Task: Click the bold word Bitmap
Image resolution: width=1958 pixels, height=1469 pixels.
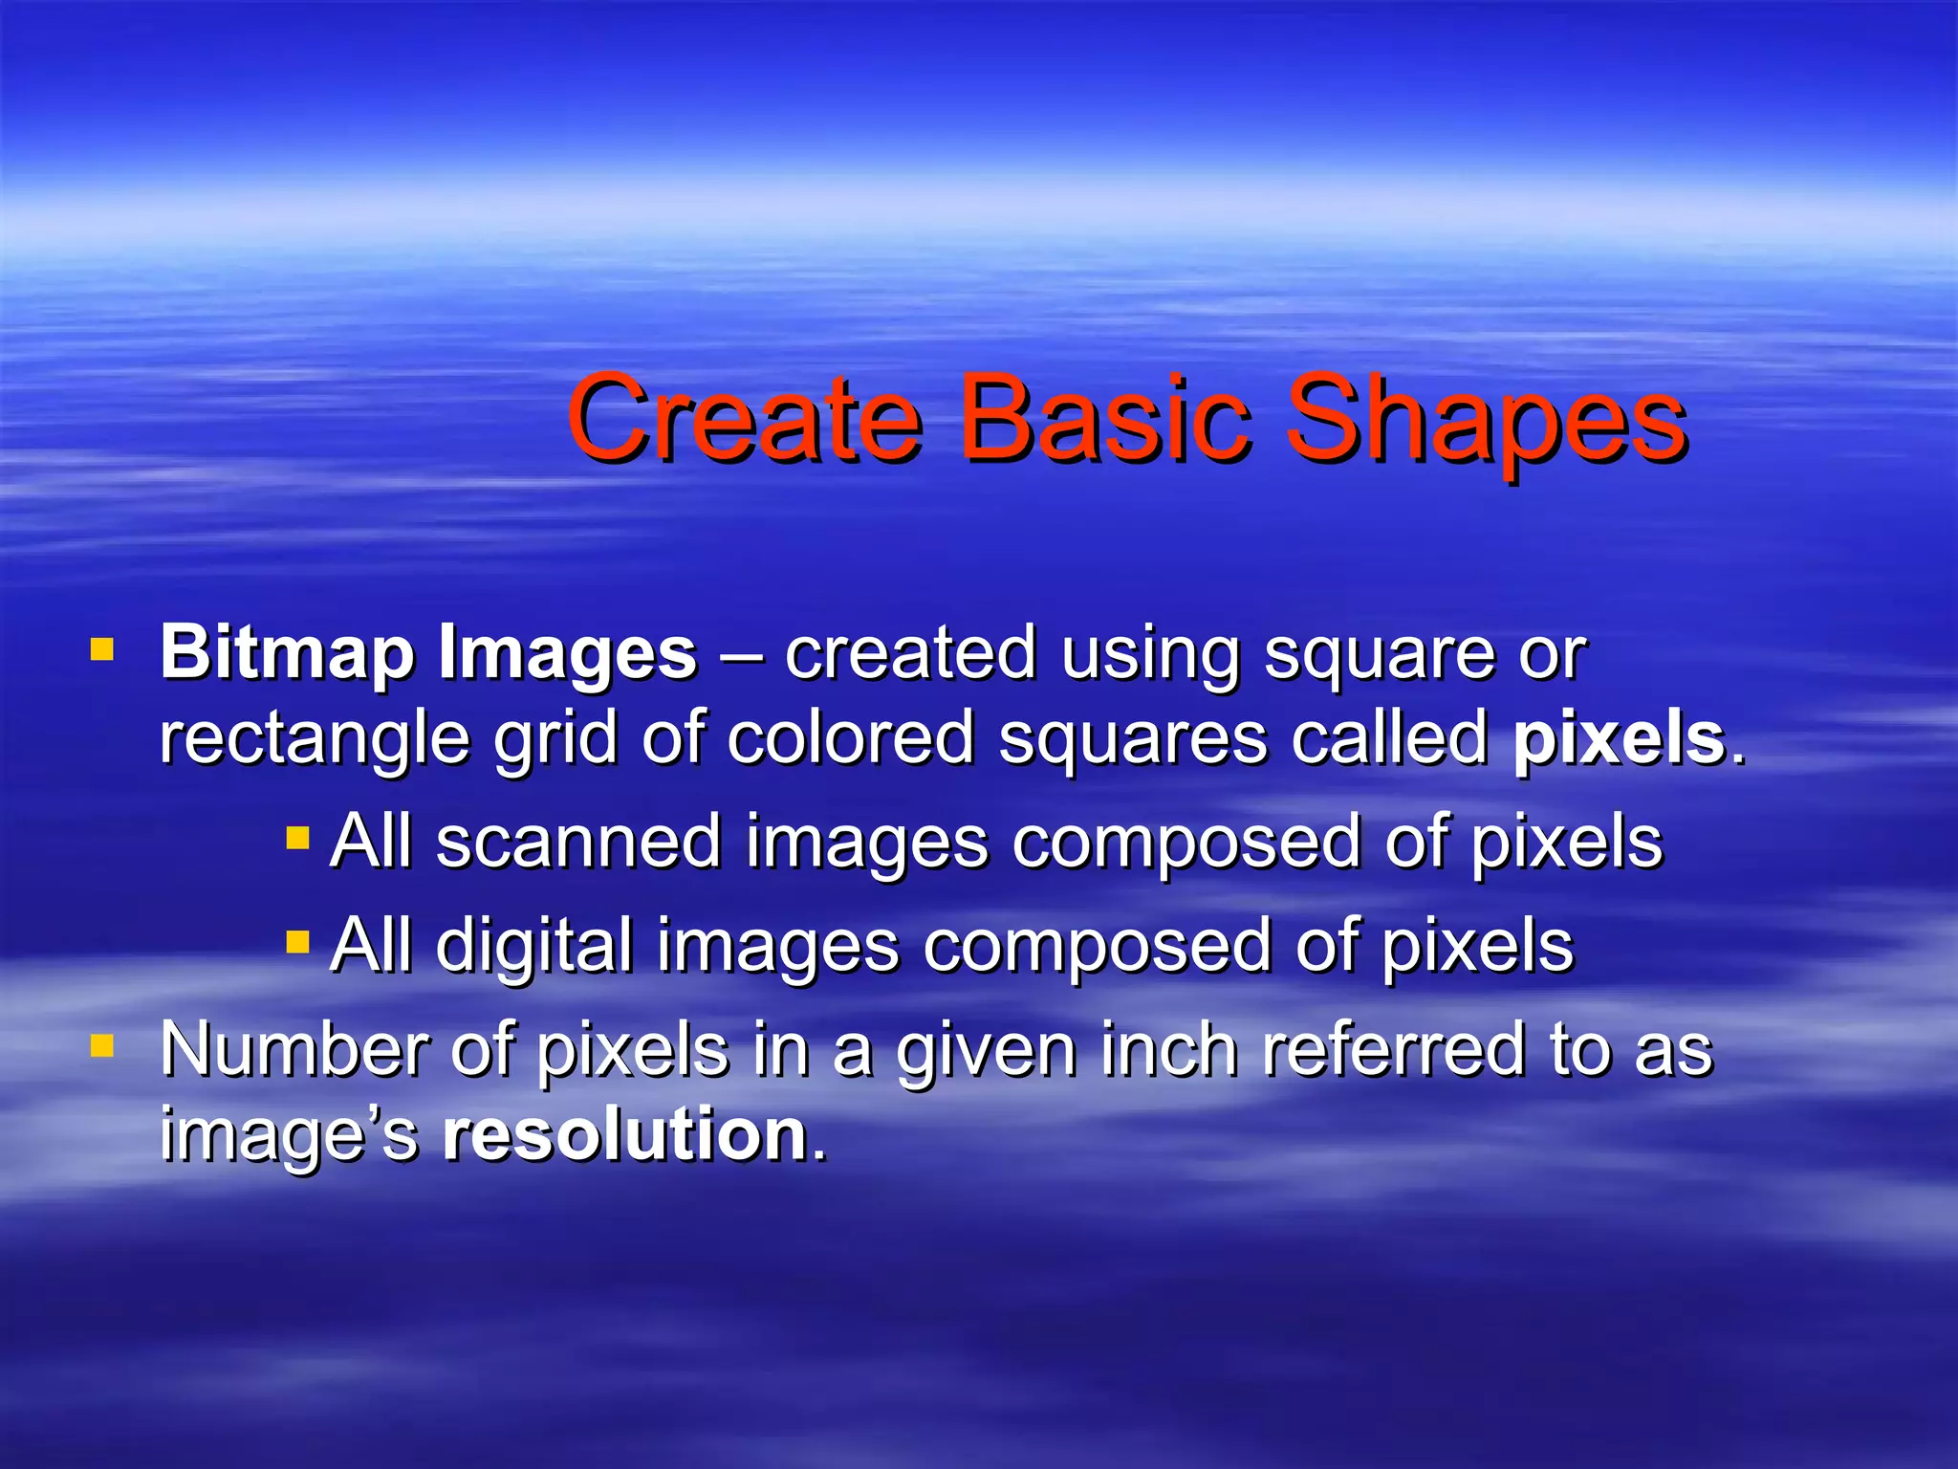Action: coord(287,655)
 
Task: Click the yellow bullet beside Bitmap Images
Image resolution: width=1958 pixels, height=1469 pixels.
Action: coord(101,651)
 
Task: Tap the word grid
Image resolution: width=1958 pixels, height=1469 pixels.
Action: coord(555,739)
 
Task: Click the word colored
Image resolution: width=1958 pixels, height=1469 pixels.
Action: coord(850,737)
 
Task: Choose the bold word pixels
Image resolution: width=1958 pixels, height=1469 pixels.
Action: coord(1620,739)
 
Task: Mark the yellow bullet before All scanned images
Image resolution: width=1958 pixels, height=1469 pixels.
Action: coord(298,840)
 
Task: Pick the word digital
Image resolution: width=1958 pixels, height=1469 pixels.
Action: coord(534,946)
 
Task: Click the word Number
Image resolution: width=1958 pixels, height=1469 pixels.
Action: coord(293,1050)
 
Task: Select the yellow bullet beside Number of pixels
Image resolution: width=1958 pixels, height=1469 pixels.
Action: coord(101,1046)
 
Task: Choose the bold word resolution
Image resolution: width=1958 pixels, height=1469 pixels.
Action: coord(625,1135)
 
